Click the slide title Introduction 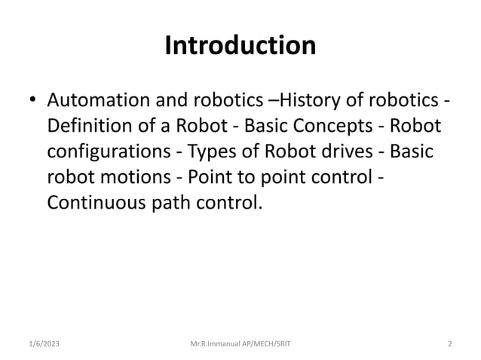coord(240,47)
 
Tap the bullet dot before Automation coord(31,100)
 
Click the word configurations coord(109,151)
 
